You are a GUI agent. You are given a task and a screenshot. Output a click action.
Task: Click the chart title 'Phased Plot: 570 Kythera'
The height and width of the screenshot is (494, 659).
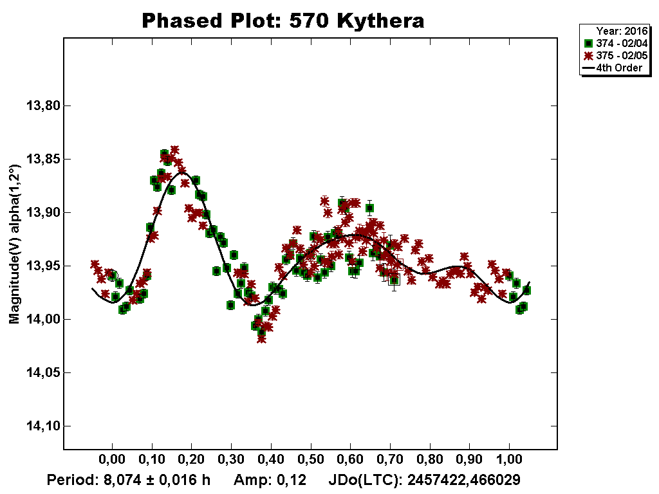click(x=283, y=21)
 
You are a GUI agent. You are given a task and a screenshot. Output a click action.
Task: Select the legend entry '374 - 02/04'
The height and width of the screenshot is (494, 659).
click(x=618, y=42)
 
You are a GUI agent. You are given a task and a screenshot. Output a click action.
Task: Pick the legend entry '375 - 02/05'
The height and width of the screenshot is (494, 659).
click(x=618, y=55)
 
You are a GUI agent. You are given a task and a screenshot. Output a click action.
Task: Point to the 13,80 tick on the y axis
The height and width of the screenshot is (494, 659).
click(x=41, y=105)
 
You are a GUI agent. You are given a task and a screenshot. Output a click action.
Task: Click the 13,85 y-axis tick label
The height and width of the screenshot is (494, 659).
click(x=41, y=159)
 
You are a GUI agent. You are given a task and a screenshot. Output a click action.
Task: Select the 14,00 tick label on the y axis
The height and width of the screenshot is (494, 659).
click(x=41, y=319)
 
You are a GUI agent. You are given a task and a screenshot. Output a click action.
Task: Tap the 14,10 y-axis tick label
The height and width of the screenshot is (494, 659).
click(x=41, y=426)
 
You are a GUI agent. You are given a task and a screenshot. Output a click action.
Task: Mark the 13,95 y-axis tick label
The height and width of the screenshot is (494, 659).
click(x=41, y=266)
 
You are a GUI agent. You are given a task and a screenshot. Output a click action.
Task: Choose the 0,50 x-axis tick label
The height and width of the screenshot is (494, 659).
click(x=311, y=461)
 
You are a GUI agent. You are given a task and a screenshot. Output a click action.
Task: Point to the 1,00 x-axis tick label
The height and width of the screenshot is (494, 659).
click(x=510, y=461)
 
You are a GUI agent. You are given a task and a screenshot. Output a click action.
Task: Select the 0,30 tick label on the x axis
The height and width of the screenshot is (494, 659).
click(x=231, y=461)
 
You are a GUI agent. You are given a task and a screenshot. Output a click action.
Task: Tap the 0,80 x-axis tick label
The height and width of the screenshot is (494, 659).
click(x=430, y=461)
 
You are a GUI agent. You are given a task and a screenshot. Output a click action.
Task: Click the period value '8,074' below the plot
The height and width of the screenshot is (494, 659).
click(x=114, y=480)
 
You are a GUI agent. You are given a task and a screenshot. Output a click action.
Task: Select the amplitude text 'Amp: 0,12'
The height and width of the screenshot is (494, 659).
click(x=269, y=480)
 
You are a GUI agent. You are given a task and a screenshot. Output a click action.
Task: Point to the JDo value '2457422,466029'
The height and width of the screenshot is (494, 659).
click(x=464, y=480)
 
